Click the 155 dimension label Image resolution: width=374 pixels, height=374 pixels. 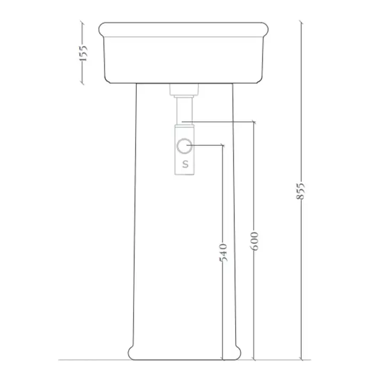click(x=83, y=53)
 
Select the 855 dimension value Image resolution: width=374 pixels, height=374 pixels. click(x=300, y=191)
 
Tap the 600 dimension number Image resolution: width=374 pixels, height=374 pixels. click(x=254, y=240)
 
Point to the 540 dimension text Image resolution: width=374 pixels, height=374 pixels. click(x=223, y=252)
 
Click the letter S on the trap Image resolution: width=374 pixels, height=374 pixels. click(x=185, y=164)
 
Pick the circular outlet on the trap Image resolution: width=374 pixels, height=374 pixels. click(x=184, y=145)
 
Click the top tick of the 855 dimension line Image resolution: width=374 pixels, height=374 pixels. click(x=301, y=23)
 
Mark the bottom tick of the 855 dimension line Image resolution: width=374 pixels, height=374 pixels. click(x=301, y=360)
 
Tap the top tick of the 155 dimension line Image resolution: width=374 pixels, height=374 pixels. click(x=82, y=23)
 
